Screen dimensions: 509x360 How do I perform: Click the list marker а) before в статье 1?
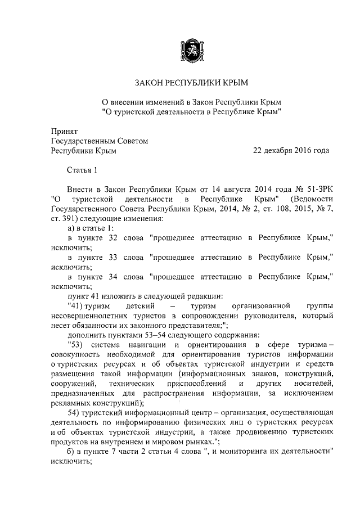click(x=71, y=228)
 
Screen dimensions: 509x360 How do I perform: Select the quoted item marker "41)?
click(x=75, y=306)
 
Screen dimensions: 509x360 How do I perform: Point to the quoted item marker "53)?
click(x=75, y=345)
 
